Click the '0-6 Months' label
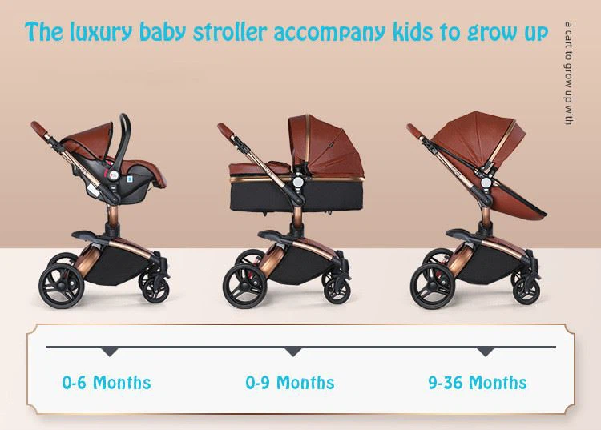pos(107,382)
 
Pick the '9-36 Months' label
pos(478,382)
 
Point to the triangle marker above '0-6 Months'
pos(110,352)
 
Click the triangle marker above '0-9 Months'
pos(293,352)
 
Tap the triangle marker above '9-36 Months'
pos(485,352)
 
